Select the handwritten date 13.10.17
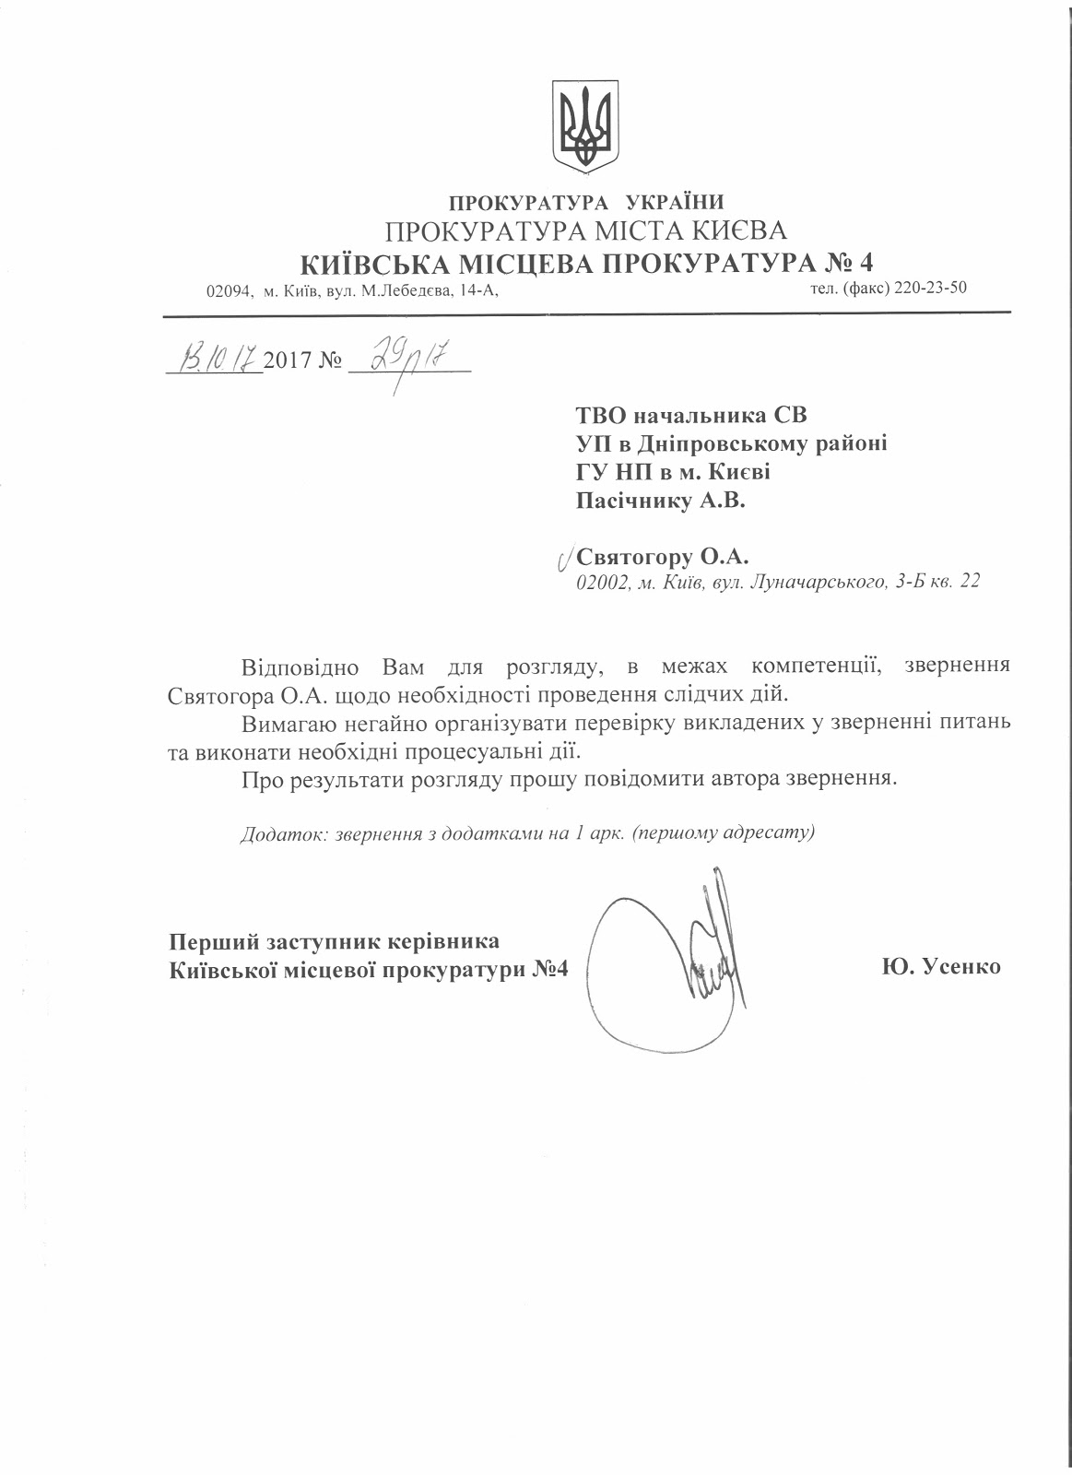coord(218,354)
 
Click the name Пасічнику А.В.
coord(660,501)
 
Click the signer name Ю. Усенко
coord(941,967)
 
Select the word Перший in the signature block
coord(214,942)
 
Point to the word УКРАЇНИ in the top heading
coord(675,203)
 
